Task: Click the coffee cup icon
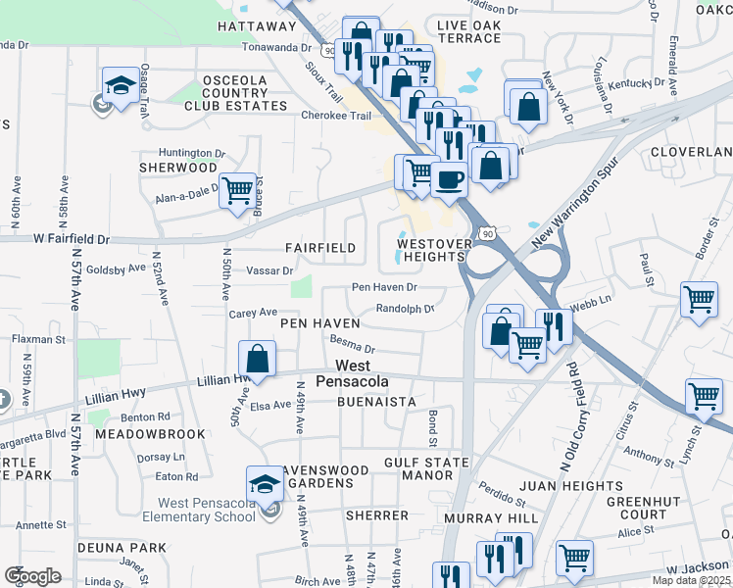point(450,180)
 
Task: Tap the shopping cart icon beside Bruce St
point(237,190)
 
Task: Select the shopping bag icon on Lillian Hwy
point(257,359)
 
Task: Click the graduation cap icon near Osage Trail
point(120,84)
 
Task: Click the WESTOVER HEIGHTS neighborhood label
point(430,250)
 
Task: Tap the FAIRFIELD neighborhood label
point(320,248)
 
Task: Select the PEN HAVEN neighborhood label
point(320,322)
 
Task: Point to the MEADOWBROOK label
point(150,433)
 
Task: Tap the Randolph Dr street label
point(405,308)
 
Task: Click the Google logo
point(33,575)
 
